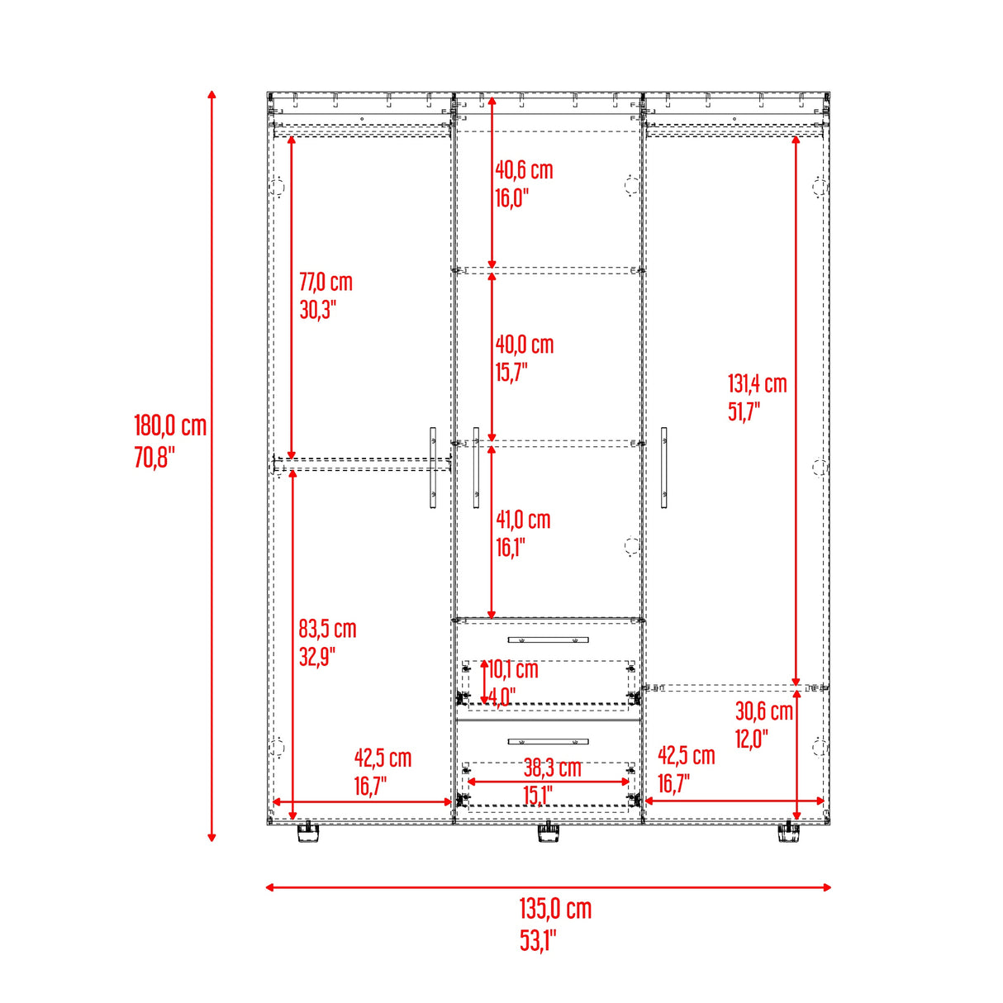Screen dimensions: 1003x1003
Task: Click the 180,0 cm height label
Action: tap(170, 426)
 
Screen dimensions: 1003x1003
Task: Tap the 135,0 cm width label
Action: tap(555, 909)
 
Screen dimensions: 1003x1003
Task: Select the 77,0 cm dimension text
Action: tap(326, 283)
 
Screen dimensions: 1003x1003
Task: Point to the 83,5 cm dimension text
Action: tap(327, 630)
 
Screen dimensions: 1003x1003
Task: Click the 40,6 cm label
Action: tap(524, 170)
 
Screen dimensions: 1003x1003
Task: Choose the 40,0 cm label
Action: tap(525, 345)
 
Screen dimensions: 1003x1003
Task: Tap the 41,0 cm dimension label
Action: tap(523, 520)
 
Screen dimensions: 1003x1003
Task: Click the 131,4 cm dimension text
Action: tap(757, 383)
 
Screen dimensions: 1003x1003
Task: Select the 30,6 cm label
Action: tap(763, 711)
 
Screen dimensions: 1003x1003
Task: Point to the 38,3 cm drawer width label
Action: tap(552, 768)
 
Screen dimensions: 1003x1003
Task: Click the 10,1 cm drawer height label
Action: tap(513, 669)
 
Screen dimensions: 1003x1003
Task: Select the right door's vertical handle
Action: tap(664, 468)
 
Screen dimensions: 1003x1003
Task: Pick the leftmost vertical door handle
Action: tap(433, 468)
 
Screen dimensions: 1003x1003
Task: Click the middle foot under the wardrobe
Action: tap(548, 833)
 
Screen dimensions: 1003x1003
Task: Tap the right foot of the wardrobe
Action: tap(789, 833)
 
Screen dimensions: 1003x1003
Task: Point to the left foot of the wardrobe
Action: tap(307, 833)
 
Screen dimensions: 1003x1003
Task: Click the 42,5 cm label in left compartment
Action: tap(383, 758)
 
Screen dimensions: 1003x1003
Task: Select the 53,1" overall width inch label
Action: tap(538, 940)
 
